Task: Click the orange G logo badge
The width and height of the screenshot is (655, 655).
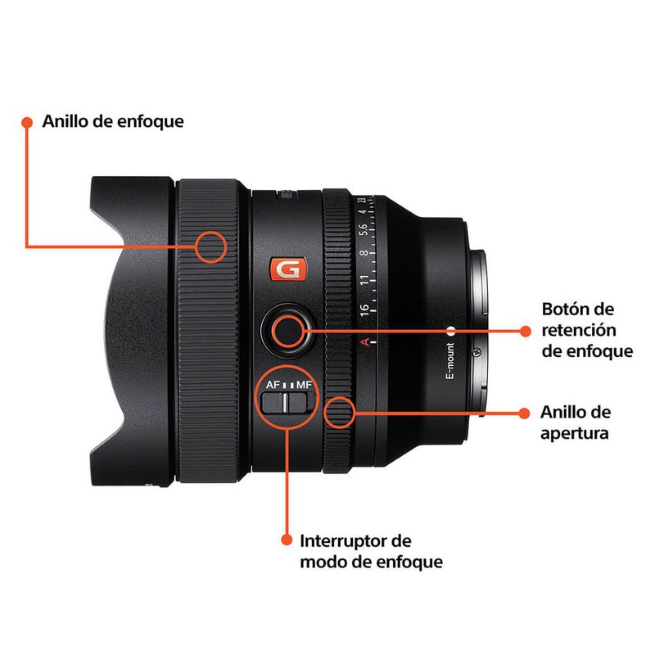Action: point(288,269)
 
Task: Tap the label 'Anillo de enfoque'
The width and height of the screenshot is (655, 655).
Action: point(113,121)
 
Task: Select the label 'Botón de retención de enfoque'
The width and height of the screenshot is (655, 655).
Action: point(587,330)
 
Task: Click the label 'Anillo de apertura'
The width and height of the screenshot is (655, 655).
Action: point(576,422)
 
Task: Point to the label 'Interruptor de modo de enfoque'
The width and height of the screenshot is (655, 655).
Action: point(372,551)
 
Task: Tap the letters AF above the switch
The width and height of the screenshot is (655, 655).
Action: point(273,384)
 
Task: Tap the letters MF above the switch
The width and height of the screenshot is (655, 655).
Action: point(304,384)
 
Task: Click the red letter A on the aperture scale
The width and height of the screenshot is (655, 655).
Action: point(365,342)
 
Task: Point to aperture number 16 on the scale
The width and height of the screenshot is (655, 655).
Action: point(364,309)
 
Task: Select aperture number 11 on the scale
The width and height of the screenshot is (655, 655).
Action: point(364,280)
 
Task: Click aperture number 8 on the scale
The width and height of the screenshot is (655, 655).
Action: point(364,253)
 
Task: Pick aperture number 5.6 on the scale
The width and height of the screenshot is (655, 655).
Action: point(364,229)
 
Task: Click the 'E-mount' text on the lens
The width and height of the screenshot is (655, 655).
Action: point(449,361)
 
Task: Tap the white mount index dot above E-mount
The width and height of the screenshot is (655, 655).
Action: point(451,332)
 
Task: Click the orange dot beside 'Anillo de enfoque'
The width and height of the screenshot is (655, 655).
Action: point(27,122)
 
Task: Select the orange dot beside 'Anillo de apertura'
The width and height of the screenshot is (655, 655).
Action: point(524,413)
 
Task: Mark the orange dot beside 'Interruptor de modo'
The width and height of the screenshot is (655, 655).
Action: point(287,540)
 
